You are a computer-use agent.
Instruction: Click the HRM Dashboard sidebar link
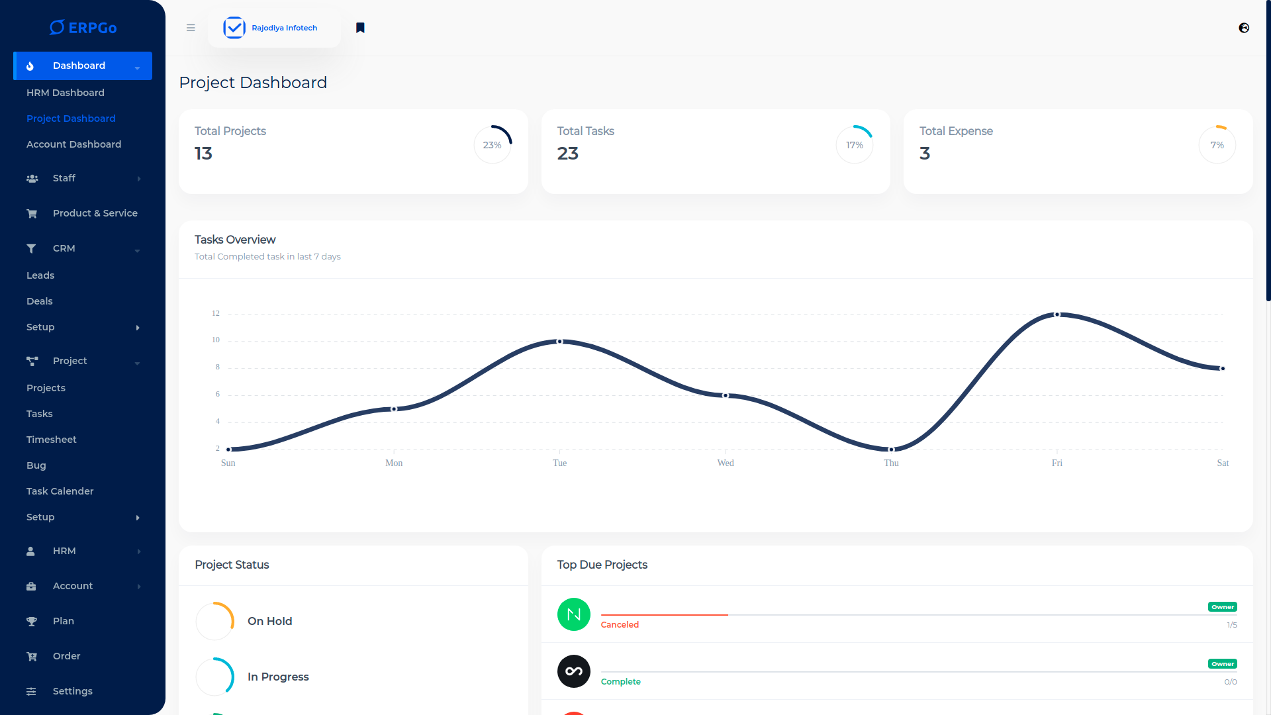pyautogui.click(x=65, y=93)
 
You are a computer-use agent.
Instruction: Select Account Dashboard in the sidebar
pyautogui.click(x=73, y=144)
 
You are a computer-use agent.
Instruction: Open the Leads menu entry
pyautogui.click(x=40, y=275)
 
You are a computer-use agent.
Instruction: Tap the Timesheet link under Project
pyautogui.click(x=51, y=440)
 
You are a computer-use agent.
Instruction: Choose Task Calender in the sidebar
pyautogui.click(x=60, y=491)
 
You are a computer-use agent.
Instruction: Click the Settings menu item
pyautogui.click(x=72, y=691)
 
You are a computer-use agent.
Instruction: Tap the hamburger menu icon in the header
pyautogui.click(x=191, y=28)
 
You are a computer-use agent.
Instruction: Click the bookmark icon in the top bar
pyautogui.click(x=360, y=28)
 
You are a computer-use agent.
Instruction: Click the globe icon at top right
pyautogui.click(x=1244, y=28)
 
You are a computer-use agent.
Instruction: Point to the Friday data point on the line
pyautogui.click(x=1057, y=314)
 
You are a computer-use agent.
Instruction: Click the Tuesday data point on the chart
pyautogui.click(x=560, y=342)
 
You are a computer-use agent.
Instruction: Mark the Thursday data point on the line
pyautogui.click(x=891, y=450)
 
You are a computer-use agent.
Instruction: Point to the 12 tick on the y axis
pyautogui.click(x=216, y=313)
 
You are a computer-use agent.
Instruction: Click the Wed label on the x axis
pyautogui.click(x=726, y=463)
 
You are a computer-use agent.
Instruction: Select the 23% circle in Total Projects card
pyautogui.click(x=493, y=145)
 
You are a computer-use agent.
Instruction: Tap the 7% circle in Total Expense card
pyautogui.click(x=1217, y=145)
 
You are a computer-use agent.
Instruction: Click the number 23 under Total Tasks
pyautogui.click(x=567, y=154)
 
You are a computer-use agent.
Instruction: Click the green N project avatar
pyautogui.click(x=574, y=614)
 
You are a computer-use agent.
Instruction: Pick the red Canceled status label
pyautogui.click(x=620, y=625)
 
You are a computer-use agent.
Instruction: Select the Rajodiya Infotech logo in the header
pyautogui.click(x=271, y=28)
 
